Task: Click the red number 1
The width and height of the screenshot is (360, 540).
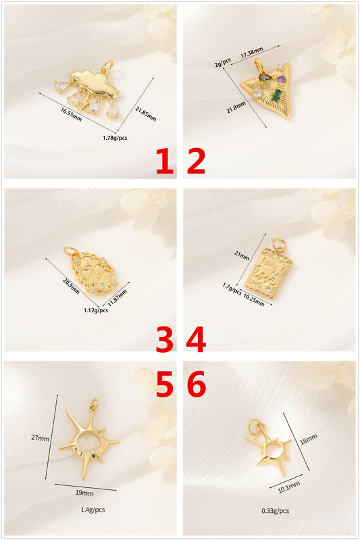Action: (165, 161)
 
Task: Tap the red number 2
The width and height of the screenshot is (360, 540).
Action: (196, 161)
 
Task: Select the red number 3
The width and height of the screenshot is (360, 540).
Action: (165, 339)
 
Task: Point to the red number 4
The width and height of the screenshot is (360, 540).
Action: (196, 339)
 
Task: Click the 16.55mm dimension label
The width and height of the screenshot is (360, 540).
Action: (71, 114)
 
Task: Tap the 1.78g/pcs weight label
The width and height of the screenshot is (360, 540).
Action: (115, 138)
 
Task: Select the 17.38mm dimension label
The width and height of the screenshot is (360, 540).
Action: (251, 52)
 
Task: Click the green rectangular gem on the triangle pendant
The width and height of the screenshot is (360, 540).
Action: (276, 95)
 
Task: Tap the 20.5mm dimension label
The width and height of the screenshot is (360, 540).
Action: (71, 286)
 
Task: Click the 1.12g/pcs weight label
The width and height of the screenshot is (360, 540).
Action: (96, 310)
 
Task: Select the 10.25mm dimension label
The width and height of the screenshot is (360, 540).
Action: (254, 300)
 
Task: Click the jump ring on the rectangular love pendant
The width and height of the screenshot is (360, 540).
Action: (280, 245)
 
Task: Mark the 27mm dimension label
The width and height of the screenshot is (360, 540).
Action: (41, 438)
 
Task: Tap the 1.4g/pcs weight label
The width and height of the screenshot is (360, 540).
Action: (93, 510)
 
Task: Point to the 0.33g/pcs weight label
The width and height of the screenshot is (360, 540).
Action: (276, 511)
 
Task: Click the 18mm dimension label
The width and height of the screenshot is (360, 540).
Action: (309, 439)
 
